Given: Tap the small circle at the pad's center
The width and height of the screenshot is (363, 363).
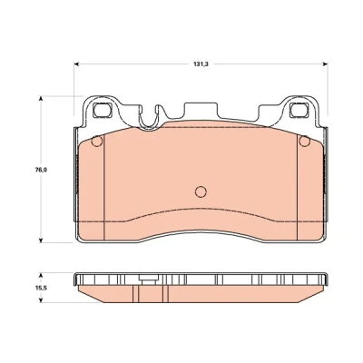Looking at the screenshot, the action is [x=201, y=191].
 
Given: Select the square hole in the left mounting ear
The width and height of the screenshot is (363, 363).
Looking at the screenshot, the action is [x=103, y=110].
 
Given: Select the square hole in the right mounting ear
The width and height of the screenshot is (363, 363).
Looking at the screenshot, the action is [x=299, y=110].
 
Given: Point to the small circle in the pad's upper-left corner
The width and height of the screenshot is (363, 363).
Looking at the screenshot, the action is [x=97, y=142].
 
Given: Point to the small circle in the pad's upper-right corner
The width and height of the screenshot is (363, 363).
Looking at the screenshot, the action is [x=304, y=142].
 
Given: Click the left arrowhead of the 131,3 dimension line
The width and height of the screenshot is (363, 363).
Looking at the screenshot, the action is [x=76, y=64].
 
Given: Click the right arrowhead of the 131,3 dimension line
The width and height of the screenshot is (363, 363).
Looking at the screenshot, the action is [x=325, y=64].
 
